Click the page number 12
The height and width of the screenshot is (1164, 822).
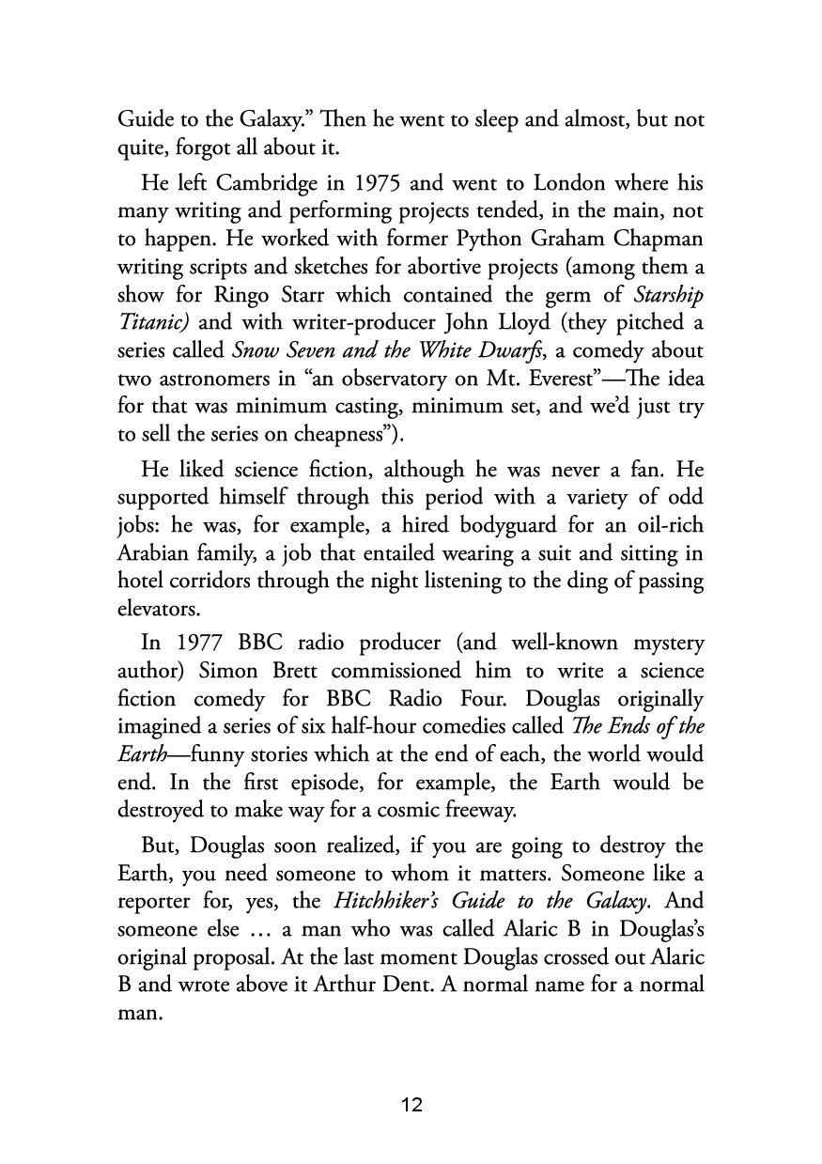(411, 1104)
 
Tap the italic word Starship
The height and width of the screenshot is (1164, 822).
(665, 297)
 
